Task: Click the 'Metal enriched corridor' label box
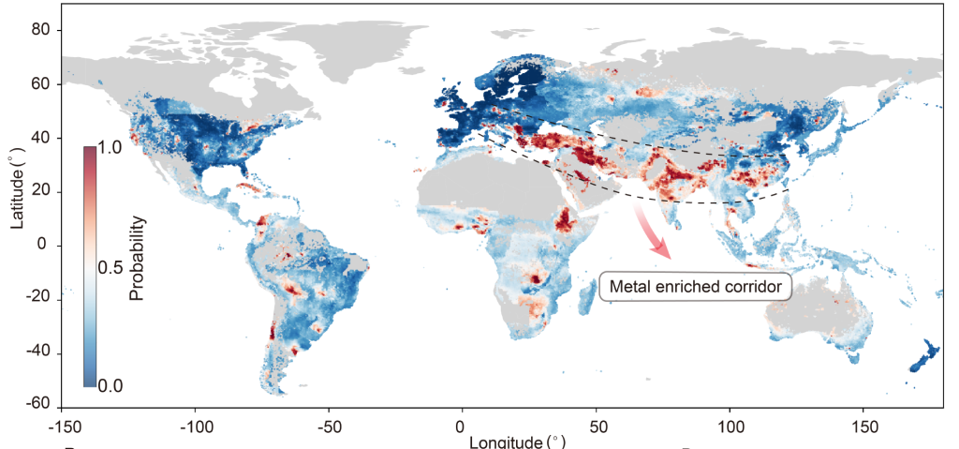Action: (x=695, y=286)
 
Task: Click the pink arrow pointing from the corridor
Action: (x=654, y=233)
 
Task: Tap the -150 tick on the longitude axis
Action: (x=61, y=423)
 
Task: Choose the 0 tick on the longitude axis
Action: (x=462, y=423)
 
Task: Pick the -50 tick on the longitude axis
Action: (x=328, y=423)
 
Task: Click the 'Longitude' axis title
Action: (x=517, y=441)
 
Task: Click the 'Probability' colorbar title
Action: (x=137, y=259)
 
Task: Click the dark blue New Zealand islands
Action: (x=923, y=356)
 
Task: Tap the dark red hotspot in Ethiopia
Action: (x=566, y=221)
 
